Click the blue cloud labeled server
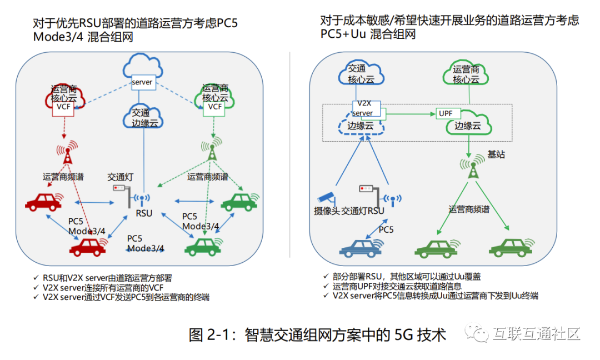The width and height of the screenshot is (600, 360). point(142,69)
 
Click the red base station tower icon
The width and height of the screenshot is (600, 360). point(67,153)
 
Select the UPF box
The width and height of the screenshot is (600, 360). point(446,113)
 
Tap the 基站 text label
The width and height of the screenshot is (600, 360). point(496,154)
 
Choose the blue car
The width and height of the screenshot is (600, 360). point(361,246)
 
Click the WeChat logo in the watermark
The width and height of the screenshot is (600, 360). point(478,333)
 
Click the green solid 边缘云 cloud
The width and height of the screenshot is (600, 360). point(467,126)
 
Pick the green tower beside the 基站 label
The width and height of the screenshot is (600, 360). point(472,167)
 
